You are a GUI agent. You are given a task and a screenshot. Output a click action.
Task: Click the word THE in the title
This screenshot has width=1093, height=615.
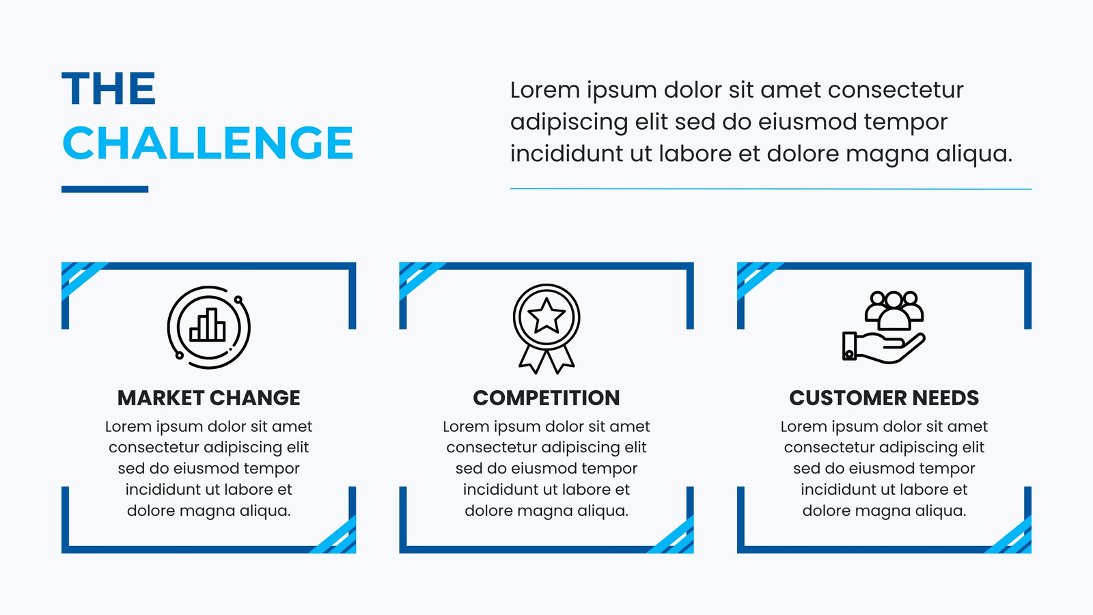[109, 89]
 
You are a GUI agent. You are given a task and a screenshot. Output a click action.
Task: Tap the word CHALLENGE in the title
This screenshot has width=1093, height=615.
[208, 143]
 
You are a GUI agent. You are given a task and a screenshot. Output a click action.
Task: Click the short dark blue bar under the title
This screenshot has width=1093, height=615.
[105, 189]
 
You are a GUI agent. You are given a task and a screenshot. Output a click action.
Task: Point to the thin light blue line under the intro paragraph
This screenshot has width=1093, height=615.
[771, 189]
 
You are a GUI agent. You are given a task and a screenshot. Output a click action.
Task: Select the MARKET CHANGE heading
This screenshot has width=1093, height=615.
[209, 398]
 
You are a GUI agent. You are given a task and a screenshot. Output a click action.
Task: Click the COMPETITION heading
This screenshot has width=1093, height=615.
[546, 398]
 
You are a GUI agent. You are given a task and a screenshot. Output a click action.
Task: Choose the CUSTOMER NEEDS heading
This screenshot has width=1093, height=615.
[884, 398]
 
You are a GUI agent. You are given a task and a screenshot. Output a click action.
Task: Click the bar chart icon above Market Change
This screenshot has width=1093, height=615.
[208, 325]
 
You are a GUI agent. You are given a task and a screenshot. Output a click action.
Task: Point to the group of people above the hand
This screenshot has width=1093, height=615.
[894, 310]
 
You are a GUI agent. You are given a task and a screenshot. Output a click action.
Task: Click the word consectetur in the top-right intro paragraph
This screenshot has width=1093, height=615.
[896, 90]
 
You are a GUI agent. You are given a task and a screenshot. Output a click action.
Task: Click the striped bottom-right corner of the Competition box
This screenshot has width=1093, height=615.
[672, 535]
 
